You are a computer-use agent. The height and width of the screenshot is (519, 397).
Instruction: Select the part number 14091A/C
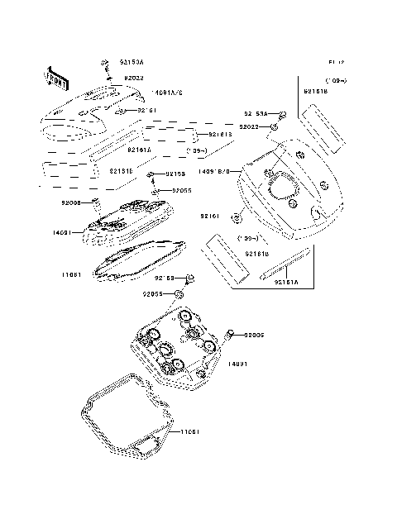[168, 93]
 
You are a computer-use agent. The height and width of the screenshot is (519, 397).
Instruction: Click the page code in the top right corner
[335, 62]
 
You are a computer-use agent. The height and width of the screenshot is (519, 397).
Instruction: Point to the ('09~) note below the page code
[337, 80]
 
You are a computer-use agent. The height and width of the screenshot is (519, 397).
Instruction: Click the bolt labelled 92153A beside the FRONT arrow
[106, 64]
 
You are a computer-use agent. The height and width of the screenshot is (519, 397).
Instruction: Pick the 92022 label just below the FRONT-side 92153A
[135, 78]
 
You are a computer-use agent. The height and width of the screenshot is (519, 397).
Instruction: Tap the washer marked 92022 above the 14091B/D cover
[272, 127]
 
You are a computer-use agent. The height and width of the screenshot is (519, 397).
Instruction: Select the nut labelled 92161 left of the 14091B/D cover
[236, 217]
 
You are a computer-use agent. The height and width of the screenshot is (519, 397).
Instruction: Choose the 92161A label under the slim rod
[287, 282]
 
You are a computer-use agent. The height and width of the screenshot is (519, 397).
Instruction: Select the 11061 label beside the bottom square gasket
[190, 431]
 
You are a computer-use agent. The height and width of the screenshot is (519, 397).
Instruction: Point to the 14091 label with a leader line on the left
[70, 234]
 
